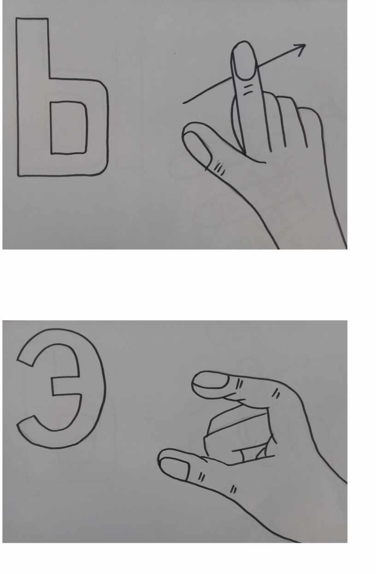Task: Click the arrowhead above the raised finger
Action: [x=301, y=49]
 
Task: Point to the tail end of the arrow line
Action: [x=183, y=103]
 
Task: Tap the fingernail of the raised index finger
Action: [x=245, y=60]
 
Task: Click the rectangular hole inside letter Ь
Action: [x=69, y=128]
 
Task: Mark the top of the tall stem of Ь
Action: [x=32, y=18]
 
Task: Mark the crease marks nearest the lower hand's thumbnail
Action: [x=201, y=477]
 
